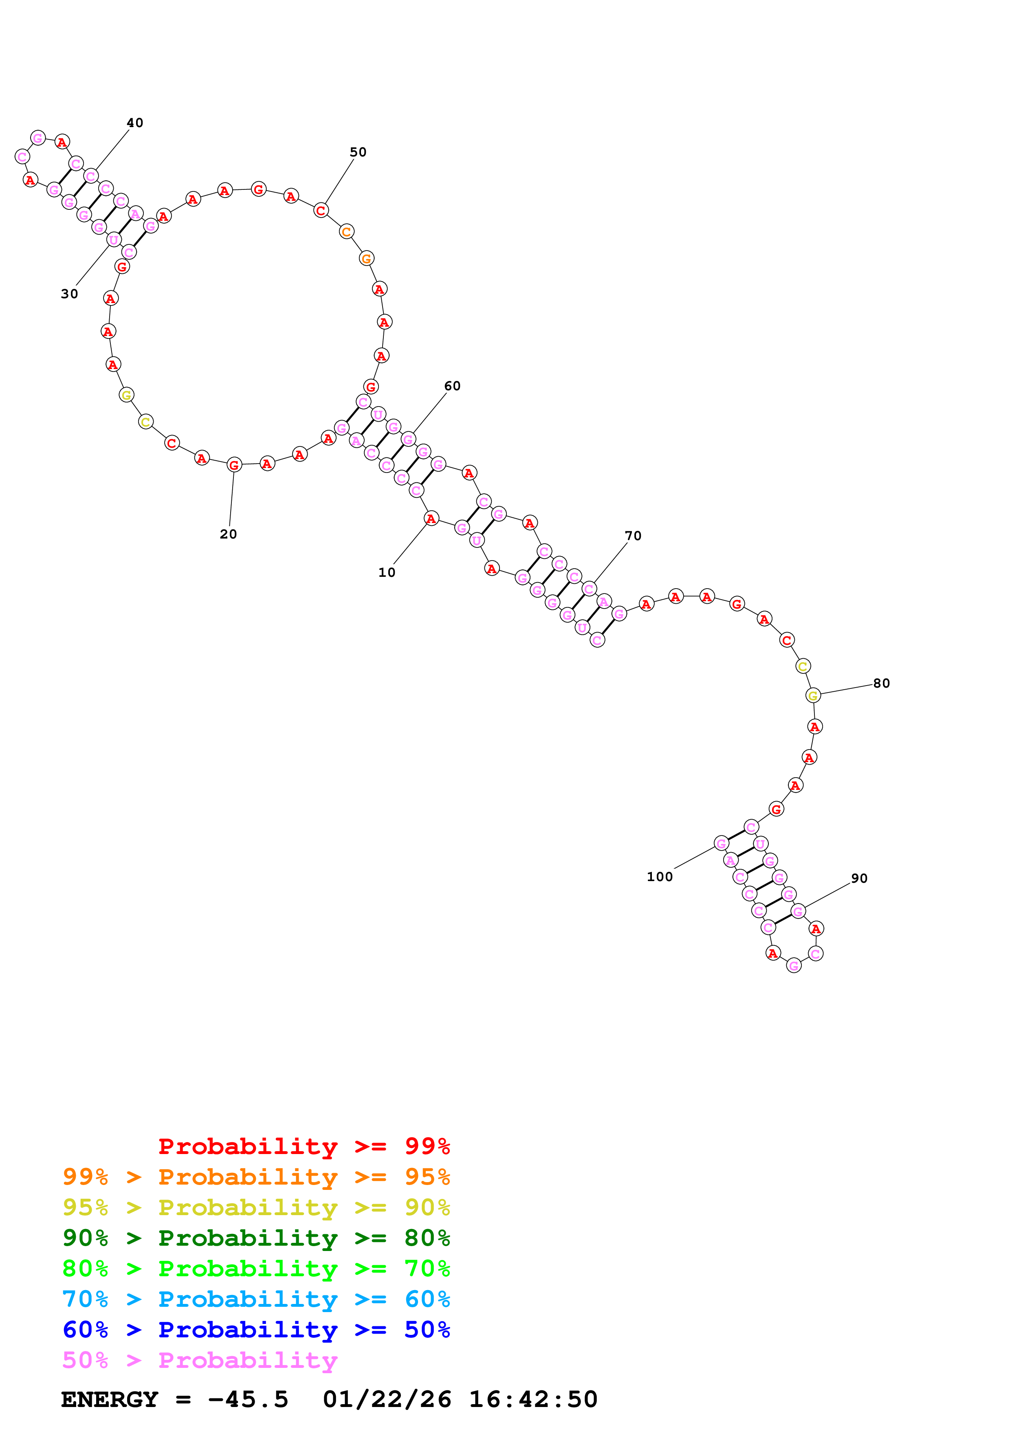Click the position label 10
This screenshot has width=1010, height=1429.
pos(387,573)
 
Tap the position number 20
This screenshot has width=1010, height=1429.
pos(229,534)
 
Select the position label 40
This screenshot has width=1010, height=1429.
pos(135,123)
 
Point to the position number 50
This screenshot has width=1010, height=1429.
pos(358,152)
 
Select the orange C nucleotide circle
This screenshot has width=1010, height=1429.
pos(347,231)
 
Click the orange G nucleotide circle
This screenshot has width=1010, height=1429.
pos(367,258)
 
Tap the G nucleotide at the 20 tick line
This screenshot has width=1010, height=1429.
pos(234,464)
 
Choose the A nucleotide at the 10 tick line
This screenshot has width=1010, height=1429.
pos(431,519)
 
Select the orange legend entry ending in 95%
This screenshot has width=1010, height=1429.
pos(256,1177)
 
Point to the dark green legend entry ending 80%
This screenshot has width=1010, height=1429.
pos(256,1238)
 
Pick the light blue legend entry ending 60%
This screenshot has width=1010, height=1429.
pos(256,1299)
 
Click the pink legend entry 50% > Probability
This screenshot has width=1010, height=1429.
pos(199,1360)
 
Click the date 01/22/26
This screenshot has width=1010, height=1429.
pos(387,1399)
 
